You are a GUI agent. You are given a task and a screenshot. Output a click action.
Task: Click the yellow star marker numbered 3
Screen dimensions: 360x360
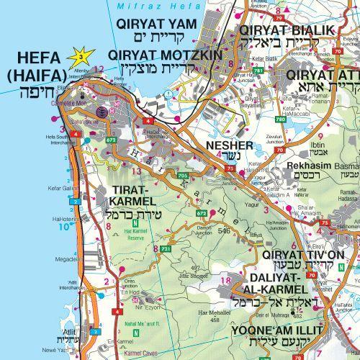(82, 55)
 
